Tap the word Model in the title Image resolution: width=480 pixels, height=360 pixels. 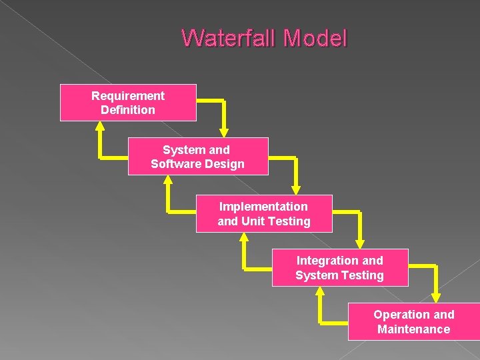[315, 38]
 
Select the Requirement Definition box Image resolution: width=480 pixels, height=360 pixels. [128, 103]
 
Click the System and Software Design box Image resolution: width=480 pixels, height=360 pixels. [197, 157]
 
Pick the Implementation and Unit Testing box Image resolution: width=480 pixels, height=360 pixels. [263, 213]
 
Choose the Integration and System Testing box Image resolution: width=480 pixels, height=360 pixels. [339, 268]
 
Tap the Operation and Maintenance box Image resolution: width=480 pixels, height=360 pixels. [413, 322]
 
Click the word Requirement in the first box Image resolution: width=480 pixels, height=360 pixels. [128, 96]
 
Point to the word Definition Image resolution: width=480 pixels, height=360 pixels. [128, 110]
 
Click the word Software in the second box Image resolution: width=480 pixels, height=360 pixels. [177, 164]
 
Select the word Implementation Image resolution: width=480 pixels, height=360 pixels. [263, 207]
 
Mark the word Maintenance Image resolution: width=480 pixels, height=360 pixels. [413, 329]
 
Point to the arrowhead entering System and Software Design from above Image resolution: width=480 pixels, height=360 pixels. [224, 131]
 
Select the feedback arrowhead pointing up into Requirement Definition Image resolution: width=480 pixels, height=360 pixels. [100, 127]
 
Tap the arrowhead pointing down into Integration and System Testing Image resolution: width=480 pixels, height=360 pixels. [361, 242]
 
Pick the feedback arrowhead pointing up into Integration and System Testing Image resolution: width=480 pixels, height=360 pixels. [321, 292]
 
